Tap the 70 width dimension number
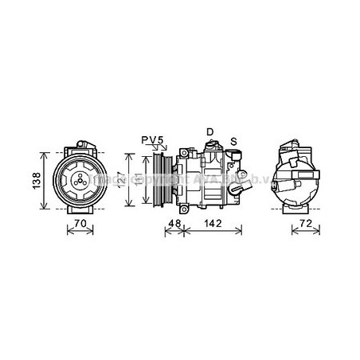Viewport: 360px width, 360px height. (78, 225)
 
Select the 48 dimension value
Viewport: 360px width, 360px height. (172, 225)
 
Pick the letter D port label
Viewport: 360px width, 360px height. (210, 131)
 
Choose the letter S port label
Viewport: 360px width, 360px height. (233, 141)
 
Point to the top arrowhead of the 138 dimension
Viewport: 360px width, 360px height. (45, 148)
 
